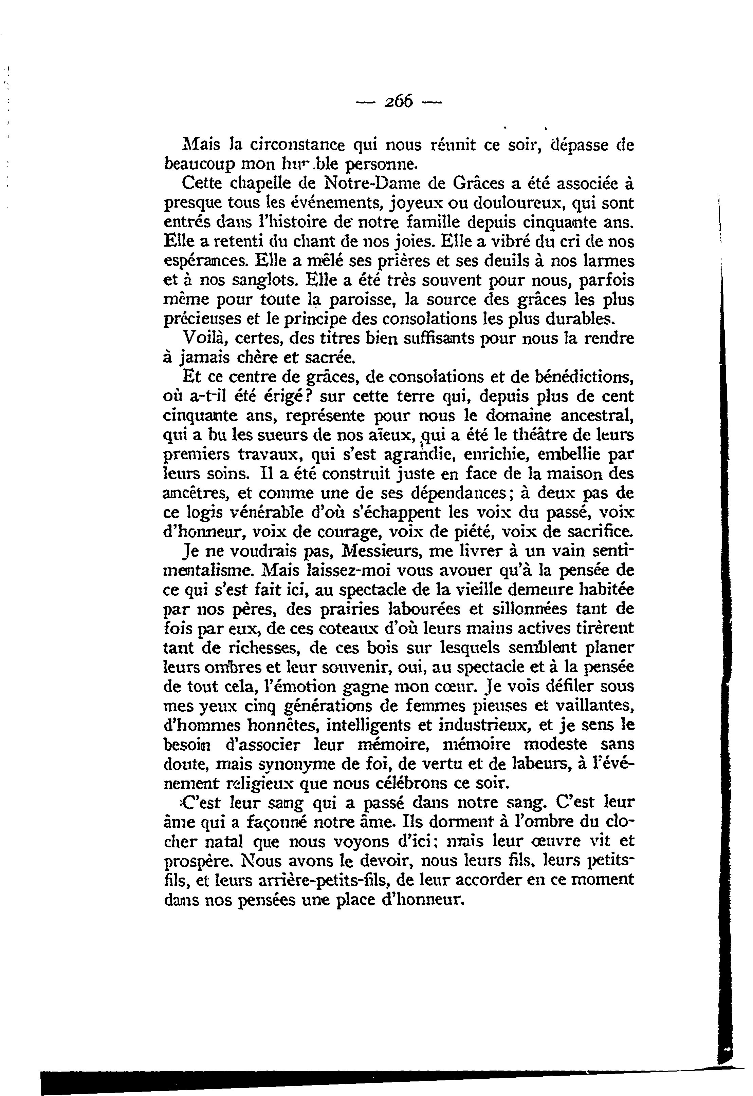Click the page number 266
pos(399,101)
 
